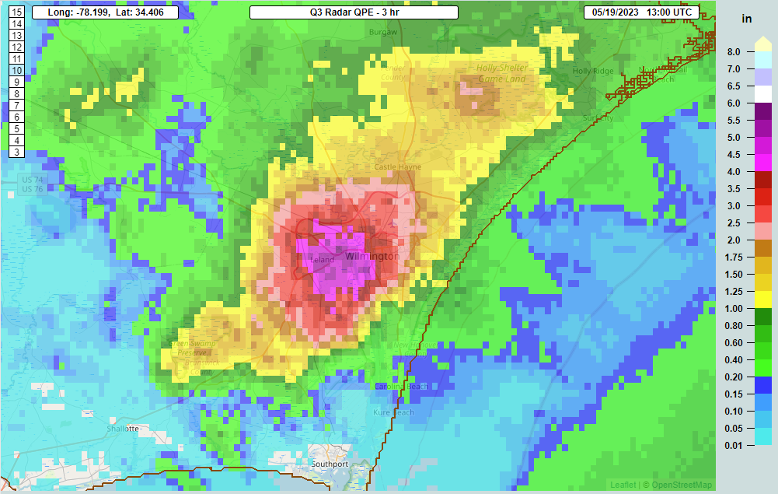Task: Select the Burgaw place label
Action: click(383, 33)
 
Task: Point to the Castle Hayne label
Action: click(397, 167)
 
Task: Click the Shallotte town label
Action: click(123, 429)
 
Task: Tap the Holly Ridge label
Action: click(592, 71)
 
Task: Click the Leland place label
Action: click(323, 259)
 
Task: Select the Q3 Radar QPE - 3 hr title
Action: click(354, 12)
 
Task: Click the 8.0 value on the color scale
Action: click(734, 52)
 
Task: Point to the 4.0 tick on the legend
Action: click(734, 171)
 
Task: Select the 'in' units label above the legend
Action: click(747, 19)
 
